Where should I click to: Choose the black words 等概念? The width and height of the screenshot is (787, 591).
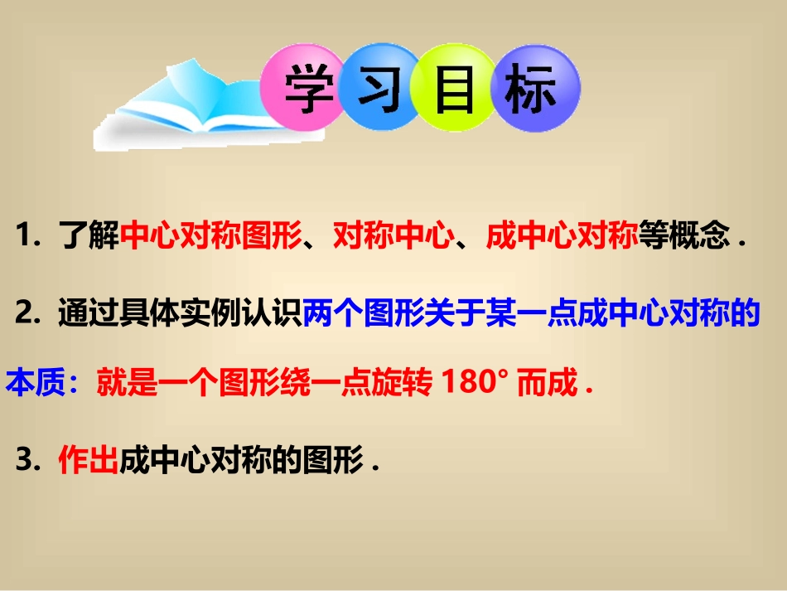click(682, 239)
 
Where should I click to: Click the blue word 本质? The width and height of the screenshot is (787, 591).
click(36, 385)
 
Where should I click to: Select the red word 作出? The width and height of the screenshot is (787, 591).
click(88, 462)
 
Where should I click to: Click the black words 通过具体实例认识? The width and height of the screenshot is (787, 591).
click(179, 315)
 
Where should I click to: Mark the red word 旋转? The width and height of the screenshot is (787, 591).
click(401, 385)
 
